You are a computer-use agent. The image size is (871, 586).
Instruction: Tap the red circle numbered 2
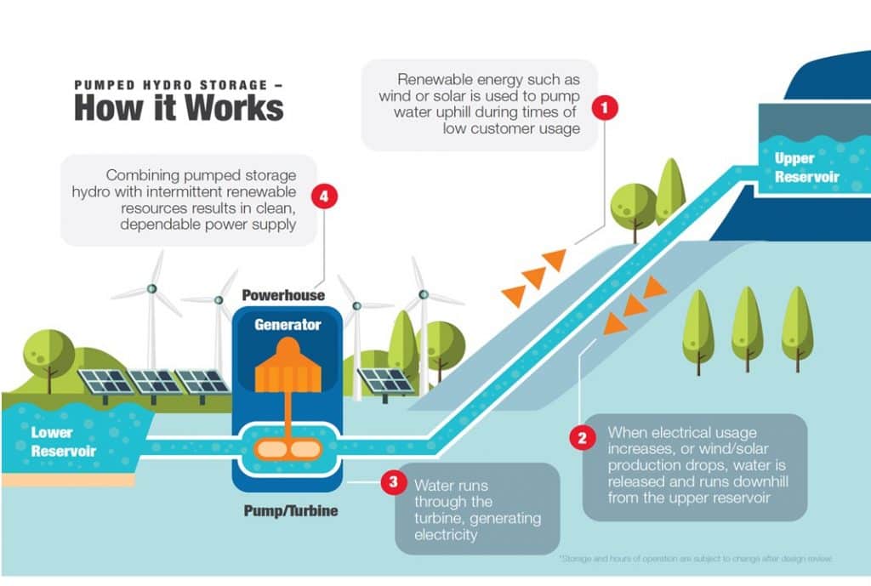(x=582, y=439)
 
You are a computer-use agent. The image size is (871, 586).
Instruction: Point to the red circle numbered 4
(x=324, y=196)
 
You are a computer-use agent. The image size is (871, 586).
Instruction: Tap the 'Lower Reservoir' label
(x=64, y=441)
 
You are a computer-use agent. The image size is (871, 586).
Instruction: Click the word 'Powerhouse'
(x=283, y=295)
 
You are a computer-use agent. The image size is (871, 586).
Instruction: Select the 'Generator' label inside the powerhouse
(x=287, y=324)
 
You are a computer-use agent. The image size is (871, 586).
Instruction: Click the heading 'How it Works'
(x=178, y=108)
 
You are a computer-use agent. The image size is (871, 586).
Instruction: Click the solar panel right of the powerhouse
(x=384, y=381)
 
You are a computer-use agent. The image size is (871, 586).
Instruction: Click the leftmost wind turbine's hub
(x=151, y=288)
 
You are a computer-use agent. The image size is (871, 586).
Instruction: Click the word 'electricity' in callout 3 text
(x=447, y=535)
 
